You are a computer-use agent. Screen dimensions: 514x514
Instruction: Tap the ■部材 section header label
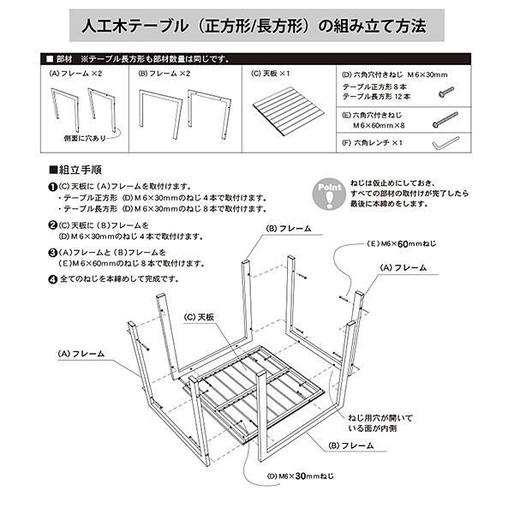pyautogui.click(x=61, y=59)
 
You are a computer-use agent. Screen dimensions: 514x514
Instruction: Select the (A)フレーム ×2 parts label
pyautogui.click(x=77, y=74)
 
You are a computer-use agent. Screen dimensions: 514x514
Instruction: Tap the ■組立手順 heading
pyautogui.click(x=77, y=170)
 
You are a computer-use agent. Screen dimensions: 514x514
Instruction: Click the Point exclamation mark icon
pyautogui.click(x=329, y=194)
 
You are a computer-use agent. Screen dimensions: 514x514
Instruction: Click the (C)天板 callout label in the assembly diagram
pyautogui.click(x=200, y=316)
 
